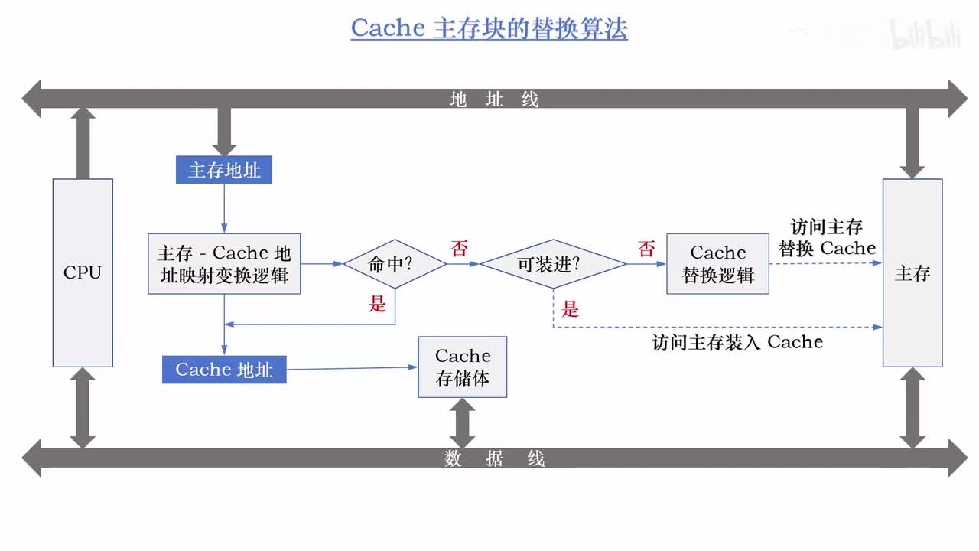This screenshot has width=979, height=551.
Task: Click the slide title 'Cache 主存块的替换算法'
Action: click(489, 28)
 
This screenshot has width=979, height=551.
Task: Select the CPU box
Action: click(83, 272)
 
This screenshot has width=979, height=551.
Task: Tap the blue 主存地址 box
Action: click(224, 170)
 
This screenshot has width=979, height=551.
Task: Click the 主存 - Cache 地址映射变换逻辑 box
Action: click(224, 264)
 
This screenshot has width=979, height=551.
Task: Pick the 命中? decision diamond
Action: click(395, 264)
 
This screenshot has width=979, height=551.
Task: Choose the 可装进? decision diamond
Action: click(553, 264)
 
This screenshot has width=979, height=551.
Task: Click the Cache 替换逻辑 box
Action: click(717, 264)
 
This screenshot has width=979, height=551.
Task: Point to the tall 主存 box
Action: click(912, 272)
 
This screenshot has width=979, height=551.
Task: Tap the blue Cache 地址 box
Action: click(224, 370)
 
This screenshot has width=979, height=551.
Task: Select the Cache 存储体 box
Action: click(463, 367)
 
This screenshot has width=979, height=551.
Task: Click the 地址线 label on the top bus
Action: click(494, 99)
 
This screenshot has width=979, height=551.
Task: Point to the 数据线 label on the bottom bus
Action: click(494, 458)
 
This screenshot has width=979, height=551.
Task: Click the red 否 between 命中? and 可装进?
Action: click(459, 249)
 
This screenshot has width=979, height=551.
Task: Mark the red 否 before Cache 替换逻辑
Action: click(646, 249)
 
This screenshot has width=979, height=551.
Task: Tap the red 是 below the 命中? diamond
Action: click(378, 304)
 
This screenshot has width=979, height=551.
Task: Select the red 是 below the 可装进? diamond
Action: click(571, 309)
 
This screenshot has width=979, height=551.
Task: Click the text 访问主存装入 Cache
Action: click(737, 342)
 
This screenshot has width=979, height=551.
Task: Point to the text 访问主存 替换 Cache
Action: click(827, 238)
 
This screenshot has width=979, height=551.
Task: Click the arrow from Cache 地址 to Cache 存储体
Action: click(352, 368)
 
